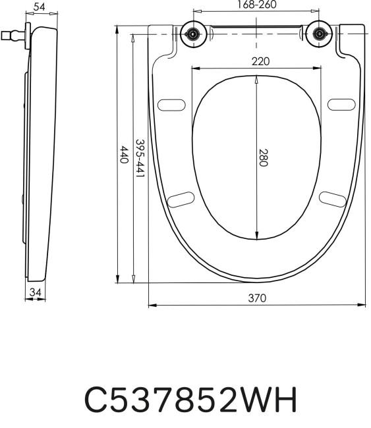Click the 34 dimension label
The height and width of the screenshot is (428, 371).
click(x=35, y=291)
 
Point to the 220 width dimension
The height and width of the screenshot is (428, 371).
click(x=260, y=61)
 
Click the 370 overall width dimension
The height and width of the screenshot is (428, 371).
click(x=256, y=298)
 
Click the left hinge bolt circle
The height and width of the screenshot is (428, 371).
click(x=194, y=34)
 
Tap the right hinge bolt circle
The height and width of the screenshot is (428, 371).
click(x=320, y=34)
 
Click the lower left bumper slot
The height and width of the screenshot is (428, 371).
click(x=181, y=198)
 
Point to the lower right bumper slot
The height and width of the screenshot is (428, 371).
click(x=332, y=198)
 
